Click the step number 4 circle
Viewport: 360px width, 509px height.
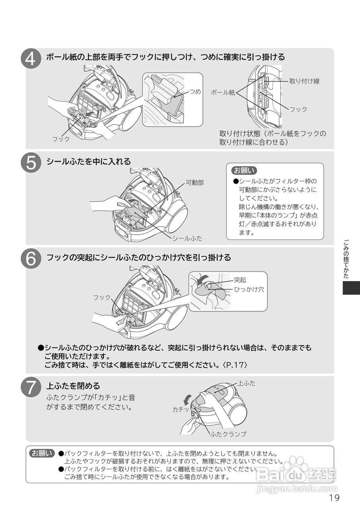[31, 59]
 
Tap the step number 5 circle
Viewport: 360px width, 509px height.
[31, 163]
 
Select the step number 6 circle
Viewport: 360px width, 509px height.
[31, 259]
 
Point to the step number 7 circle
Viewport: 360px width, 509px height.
[31, 387]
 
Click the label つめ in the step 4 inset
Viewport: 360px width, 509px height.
[195, 92]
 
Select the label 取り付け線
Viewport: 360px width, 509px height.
[304, 81]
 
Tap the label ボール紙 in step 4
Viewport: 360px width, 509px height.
[223, 92]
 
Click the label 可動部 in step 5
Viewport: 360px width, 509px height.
[195, 183]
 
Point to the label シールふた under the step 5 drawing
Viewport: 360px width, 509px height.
[187, 239]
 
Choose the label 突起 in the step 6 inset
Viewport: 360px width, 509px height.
[240, 280]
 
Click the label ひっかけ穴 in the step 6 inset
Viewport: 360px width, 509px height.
[249, 290]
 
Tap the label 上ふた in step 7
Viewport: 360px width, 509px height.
[247, 384]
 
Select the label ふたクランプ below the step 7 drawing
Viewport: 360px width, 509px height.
[228, 434]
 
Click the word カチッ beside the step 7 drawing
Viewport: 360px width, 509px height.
[181, 409]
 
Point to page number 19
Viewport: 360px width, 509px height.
[334, 498]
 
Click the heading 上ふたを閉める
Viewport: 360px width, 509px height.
[73, 386]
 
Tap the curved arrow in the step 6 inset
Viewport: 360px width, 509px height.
[204, 278]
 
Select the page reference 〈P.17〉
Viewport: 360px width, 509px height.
[238, 365]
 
